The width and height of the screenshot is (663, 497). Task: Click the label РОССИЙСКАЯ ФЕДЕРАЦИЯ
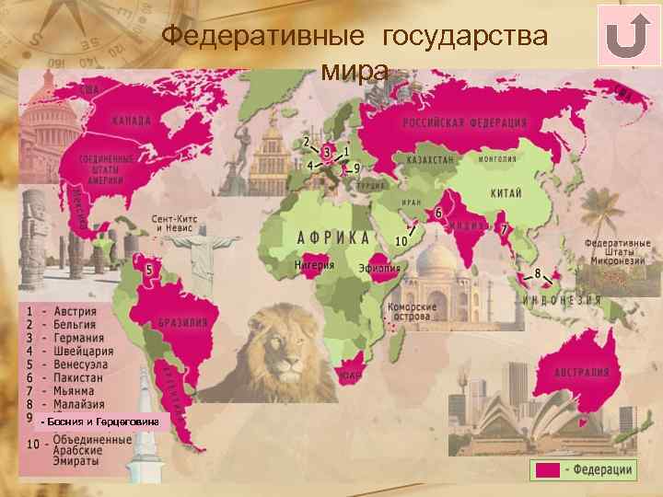coord(464,123)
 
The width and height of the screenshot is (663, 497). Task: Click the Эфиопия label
coord(379,268)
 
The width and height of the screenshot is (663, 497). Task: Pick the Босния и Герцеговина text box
coord(100,422)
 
